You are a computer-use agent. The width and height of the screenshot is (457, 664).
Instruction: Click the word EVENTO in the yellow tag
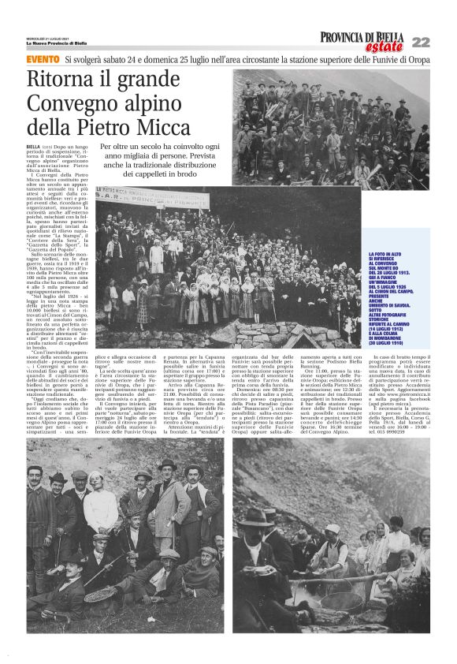click(43, 59)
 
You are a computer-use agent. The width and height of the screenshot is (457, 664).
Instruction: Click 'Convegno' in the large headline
click(79, 104)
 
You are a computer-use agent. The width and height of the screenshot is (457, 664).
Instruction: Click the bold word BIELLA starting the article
click(33, 147)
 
